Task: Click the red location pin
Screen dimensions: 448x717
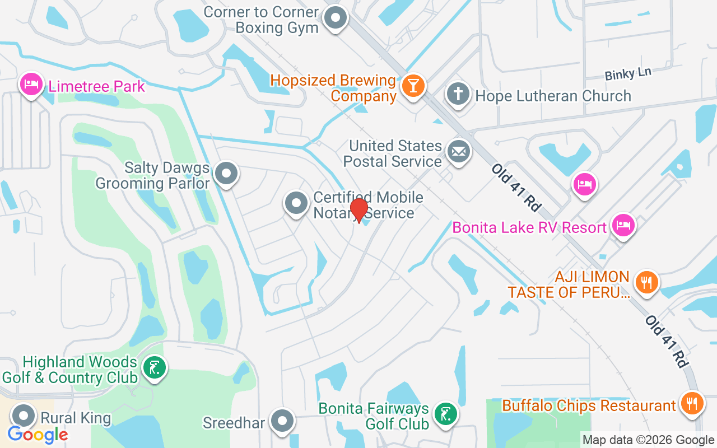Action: coord(358,210)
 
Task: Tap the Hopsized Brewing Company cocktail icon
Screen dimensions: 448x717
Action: coord(413,86)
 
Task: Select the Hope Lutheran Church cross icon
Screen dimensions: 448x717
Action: coord(458,94)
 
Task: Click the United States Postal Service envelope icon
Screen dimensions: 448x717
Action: coord(459,151)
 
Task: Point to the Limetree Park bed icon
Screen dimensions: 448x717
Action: coord(31,85)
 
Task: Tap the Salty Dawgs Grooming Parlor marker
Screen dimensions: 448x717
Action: coord(226,173)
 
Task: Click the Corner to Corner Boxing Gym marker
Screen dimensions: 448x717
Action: coord(336,17)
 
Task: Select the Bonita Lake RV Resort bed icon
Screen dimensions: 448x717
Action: coord(623,225)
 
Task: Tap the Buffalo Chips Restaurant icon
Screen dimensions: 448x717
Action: coord(692,403)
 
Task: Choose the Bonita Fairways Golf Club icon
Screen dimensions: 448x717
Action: coord(445,415)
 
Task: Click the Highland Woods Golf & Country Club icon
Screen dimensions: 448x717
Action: coord(153,368)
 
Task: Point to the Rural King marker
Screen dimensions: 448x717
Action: coord(24,416)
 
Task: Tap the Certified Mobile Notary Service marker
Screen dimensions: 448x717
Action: coord(296,204)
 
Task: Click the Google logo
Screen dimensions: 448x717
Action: coord(38,434)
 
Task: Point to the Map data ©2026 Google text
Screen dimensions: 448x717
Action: coord(648,440)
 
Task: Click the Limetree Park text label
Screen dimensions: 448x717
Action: coord(96,86)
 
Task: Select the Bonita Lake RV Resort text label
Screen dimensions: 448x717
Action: coord(529,228)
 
